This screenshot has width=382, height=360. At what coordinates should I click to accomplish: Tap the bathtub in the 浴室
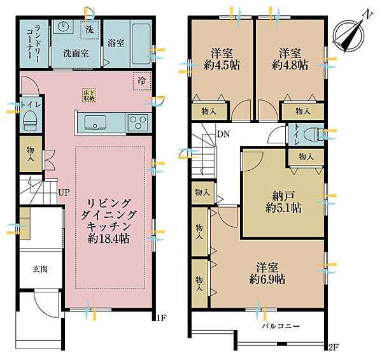point(141,44)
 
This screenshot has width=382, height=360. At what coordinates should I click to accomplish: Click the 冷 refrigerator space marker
point(142,81)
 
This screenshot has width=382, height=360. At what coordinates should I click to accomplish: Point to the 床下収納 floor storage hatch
point(89,95)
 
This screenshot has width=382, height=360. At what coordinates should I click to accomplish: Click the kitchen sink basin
point(95,122)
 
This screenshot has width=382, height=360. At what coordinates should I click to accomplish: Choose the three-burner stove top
point(138,122)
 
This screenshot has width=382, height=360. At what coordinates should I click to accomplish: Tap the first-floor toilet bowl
point(30,120)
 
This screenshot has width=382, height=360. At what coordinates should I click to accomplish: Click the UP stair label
point(64,193)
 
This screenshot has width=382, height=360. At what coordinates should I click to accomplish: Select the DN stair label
point(223,134)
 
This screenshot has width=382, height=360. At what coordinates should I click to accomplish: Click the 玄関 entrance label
point(40,269)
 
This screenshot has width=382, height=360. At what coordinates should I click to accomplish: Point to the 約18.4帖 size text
point(109,238)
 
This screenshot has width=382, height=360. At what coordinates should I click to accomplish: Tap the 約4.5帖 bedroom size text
point(222,65)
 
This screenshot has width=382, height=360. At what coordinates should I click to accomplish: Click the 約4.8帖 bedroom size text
point(290,65)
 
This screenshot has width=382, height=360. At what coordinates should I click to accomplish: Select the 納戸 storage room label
point(283,196)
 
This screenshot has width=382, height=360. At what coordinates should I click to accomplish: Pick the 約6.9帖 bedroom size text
point(267,279)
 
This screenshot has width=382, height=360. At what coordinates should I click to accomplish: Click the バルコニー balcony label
point(281,326)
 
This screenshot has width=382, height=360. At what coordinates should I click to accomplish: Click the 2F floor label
point(333,347)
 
